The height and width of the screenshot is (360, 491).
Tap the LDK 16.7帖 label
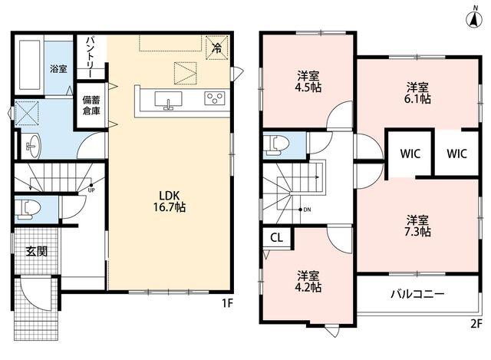click(x=169, y=201)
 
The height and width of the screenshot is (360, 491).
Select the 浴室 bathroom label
click(x=58, y=68)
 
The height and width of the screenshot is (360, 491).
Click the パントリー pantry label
click(x=91, y=57)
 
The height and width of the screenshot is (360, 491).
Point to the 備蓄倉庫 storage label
click(x=91, y=105)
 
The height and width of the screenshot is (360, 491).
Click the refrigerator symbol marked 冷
click(x=216, y=48)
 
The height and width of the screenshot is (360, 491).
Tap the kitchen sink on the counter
click(x=168, y=101)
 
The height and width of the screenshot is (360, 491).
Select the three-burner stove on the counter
click(x=215, y=98)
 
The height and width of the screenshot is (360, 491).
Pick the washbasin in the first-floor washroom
click(x=32, y=146)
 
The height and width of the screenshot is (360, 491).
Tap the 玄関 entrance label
click(x=36, y=251)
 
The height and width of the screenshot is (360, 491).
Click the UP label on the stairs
click(x=91, y=190)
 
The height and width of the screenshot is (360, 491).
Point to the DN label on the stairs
click(x=307, y=210)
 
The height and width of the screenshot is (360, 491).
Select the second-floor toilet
click(x=277, y=146)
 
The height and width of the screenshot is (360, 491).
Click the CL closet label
click(x=276, y=238)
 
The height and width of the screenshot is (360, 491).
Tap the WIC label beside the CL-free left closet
click(x=410, y=154)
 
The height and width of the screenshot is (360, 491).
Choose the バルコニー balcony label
click(x=417, y=294)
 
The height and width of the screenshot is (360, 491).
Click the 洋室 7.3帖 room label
click(x=417, y=226)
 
